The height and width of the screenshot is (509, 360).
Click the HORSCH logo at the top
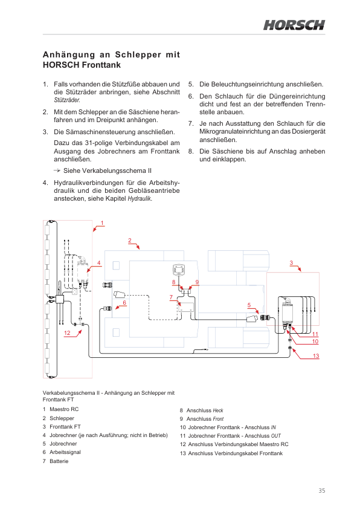point(294,25)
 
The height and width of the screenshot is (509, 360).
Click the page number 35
point(322,490)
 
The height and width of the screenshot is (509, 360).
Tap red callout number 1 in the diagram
point(102,223)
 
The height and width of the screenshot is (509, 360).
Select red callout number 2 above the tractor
point(130,241)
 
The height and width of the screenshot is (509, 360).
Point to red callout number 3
point(291,263)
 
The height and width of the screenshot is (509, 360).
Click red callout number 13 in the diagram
point(316,356)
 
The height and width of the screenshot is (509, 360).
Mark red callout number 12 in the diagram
point(67,332)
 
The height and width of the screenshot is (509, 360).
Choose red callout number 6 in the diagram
point(124,303)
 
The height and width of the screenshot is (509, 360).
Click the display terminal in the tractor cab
point(179,270)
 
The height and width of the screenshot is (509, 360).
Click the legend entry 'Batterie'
point(59,461)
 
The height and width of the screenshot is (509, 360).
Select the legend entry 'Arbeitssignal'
point(65,452)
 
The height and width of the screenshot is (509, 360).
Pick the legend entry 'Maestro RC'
point(64,409)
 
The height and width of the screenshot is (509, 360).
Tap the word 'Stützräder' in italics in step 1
point(67,100)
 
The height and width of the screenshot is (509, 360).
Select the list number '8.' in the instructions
point(191,151)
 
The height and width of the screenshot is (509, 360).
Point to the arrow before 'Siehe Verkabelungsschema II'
point(57,170)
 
